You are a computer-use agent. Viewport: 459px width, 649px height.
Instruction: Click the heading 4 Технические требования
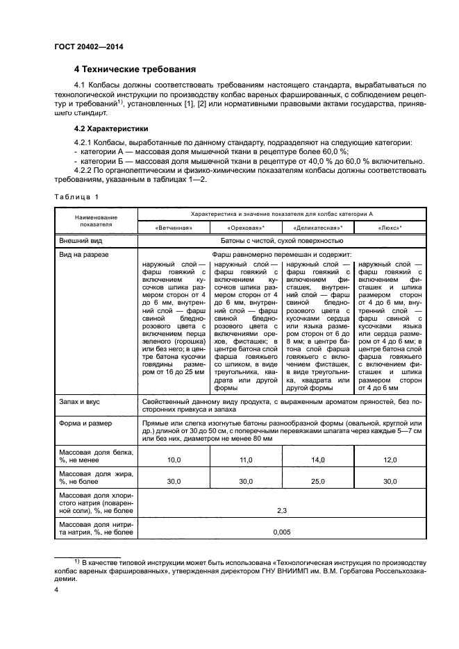135,69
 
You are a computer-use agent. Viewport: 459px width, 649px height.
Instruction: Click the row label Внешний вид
81,241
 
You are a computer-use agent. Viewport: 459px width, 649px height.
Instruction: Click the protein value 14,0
318,460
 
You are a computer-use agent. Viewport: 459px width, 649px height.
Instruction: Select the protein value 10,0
174,460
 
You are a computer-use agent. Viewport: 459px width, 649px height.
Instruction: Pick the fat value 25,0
318,481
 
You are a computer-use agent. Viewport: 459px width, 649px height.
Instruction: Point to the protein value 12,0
390,460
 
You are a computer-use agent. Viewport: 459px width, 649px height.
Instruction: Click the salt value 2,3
282,510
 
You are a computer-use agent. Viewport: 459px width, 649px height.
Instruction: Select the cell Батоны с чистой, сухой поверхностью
281,241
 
